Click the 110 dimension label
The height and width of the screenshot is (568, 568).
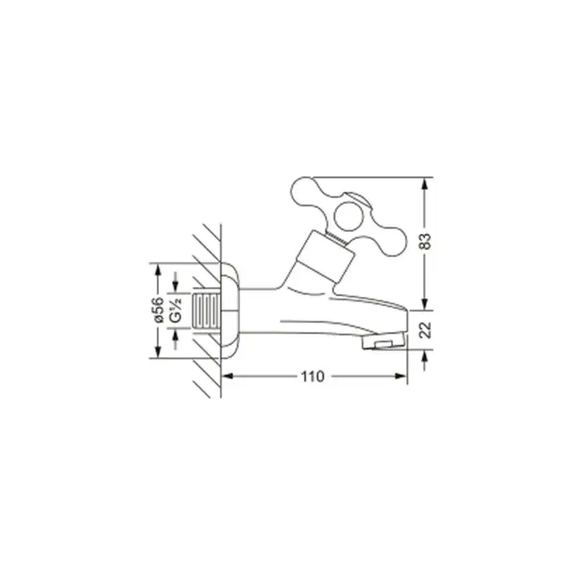[312, 377]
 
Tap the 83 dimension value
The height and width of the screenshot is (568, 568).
[425, 241]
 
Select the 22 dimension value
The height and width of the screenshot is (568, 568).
[425, 329]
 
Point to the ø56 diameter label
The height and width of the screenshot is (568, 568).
[158, 310]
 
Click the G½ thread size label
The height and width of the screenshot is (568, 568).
[176, 310]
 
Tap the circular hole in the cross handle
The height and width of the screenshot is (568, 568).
[348, 217]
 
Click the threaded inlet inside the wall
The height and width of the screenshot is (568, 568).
[206, 311]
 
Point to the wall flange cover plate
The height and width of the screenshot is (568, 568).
[230, 311]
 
